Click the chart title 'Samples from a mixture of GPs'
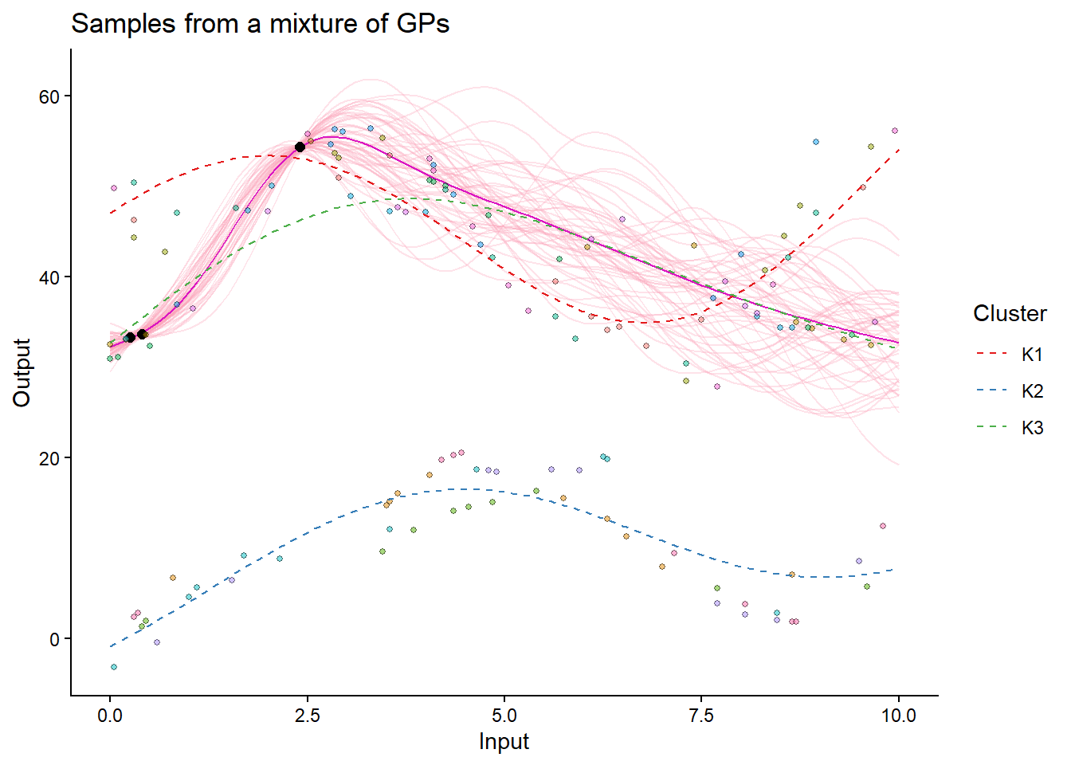tap(260, 24)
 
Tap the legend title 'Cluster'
tap(1010, 314)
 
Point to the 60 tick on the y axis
tap(49, 96)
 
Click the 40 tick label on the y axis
tap(49, 277)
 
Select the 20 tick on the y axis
tap(49, 458)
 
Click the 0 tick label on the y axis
tap(54, 639)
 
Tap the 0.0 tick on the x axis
tap(110, 715)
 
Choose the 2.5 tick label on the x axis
tap(308, 715)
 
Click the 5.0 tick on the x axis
tap(504, 715)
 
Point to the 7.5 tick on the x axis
tap(701, 715)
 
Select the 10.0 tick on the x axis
tap(899, 715)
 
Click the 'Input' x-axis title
tap(504, 742)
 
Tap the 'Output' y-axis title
tap(22, 372)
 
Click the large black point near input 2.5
tap(300, 147)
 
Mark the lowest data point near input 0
tap(114, 667)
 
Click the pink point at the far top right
tap(895, 131)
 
